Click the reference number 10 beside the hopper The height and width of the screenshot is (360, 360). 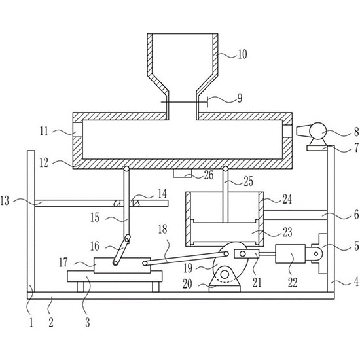[242, 54]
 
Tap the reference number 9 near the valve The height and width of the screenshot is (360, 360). [240, 98]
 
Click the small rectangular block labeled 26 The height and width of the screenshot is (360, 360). [183, 173]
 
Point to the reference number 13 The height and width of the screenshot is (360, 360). [5, 200]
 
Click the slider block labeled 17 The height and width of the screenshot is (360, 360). [122, 265]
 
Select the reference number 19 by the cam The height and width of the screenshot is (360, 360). [188, 268]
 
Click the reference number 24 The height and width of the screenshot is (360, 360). [287, 199]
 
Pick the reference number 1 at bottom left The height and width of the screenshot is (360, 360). [31, 323]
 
